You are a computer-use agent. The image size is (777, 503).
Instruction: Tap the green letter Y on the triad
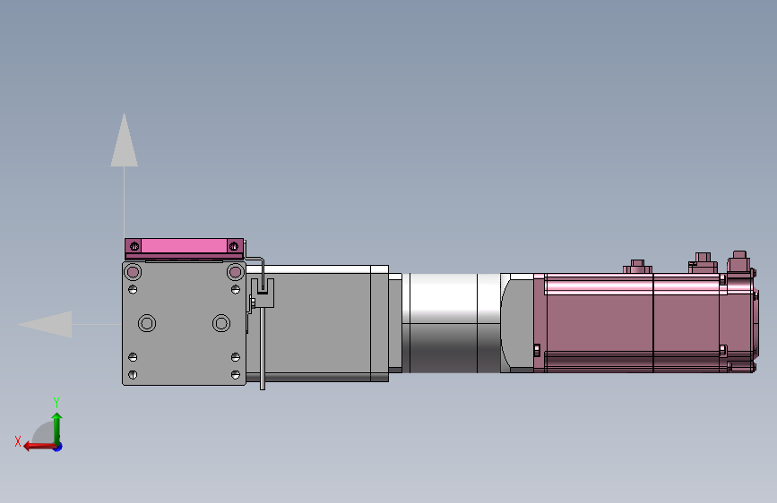[56, 403]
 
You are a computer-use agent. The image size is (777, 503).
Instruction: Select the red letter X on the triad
[18, 441]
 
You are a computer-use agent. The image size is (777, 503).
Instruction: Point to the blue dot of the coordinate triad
[58, 447]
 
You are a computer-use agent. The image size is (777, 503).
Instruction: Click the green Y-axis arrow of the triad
[57, 429]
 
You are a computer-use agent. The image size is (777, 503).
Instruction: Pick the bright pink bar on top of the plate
[184, 246]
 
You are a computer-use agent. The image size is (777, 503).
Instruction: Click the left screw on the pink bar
[134, 246]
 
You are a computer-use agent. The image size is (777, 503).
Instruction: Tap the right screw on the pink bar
[233, 246]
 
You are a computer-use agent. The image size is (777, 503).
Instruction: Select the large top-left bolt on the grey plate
[133, 272]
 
